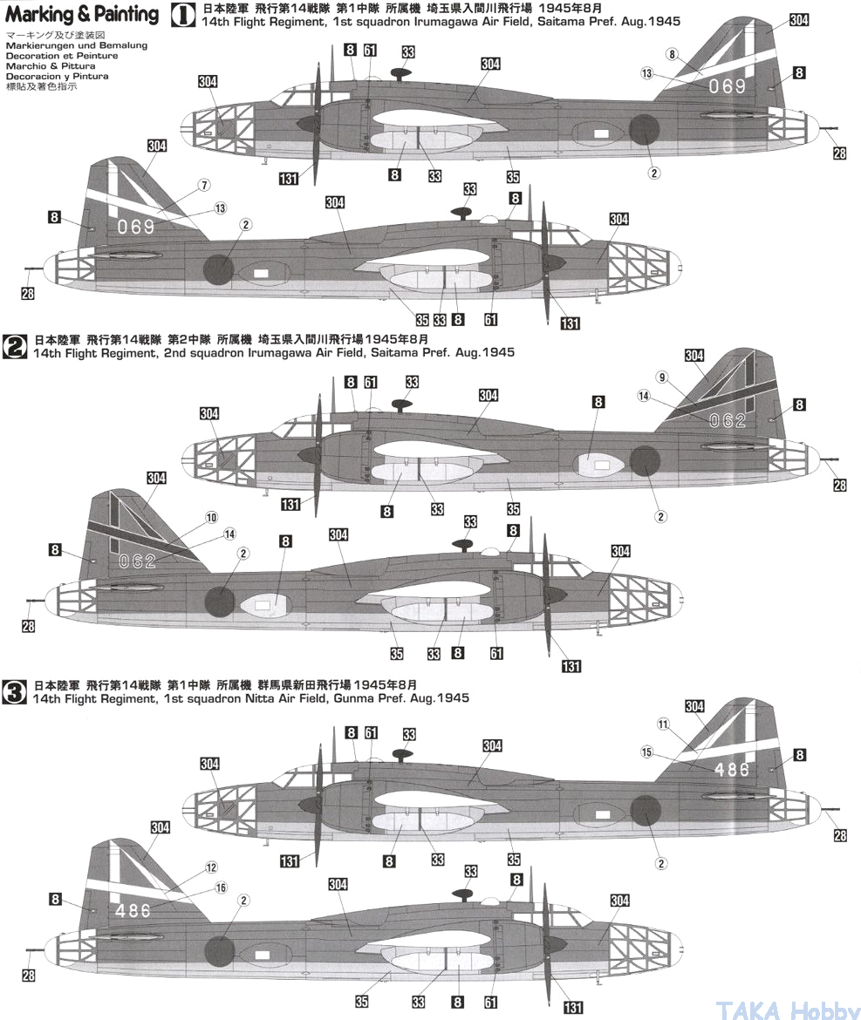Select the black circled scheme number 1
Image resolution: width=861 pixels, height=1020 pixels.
[x=183, y=14]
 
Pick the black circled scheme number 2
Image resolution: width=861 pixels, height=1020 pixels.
[x=16, y=346]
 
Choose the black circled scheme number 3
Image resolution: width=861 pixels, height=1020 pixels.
[x=16, y=690]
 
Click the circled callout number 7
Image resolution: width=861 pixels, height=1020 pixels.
[x=204, y=186]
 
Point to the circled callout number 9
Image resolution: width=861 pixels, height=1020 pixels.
[x=662, y=377]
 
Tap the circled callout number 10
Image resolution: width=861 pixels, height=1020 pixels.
[x=211, y=518]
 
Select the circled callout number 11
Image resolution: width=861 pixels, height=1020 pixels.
[x=662, y=724]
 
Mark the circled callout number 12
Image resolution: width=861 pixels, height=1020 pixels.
[x=211, y=867]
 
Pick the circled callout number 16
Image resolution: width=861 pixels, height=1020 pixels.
[x=221, y=887]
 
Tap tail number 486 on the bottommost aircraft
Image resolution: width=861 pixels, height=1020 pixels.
[x=132, y=910]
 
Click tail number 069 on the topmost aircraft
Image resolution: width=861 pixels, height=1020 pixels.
[x=727, y=85]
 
